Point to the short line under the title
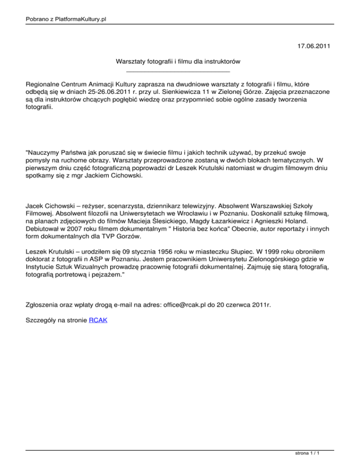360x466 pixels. click(x=178, y=71)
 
